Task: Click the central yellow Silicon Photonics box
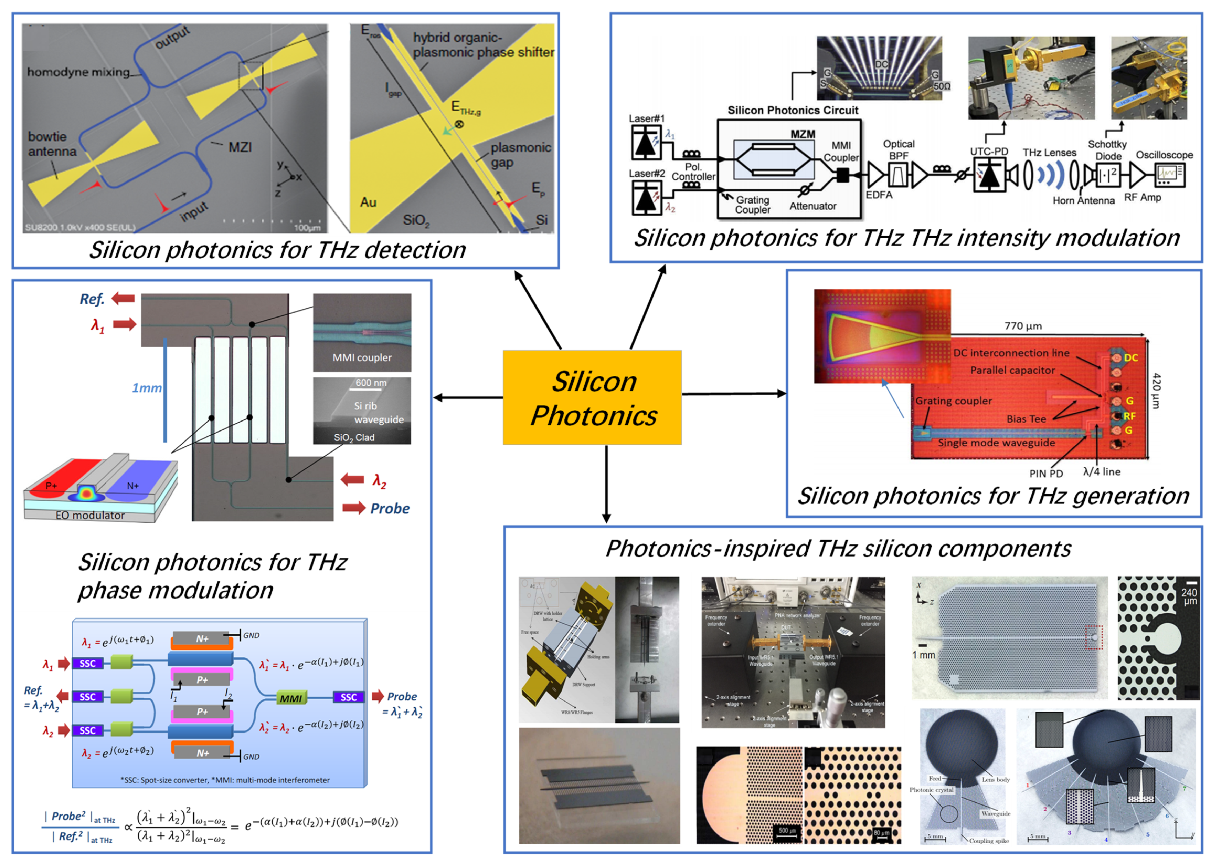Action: (592, 397)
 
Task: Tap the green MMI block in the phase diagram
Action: (290, 698)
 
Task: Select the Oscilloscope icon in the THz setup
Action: (1170, 175)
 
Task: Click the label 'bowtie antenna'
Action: (52, 144)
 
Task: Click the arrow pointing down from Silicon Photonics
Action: (606, 483)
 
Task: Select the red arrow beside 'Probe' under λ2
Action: (354, 508)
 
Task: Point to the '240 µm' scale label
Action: (1188, 596)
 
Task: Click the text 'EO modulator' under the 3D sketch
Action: (90, 515)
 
